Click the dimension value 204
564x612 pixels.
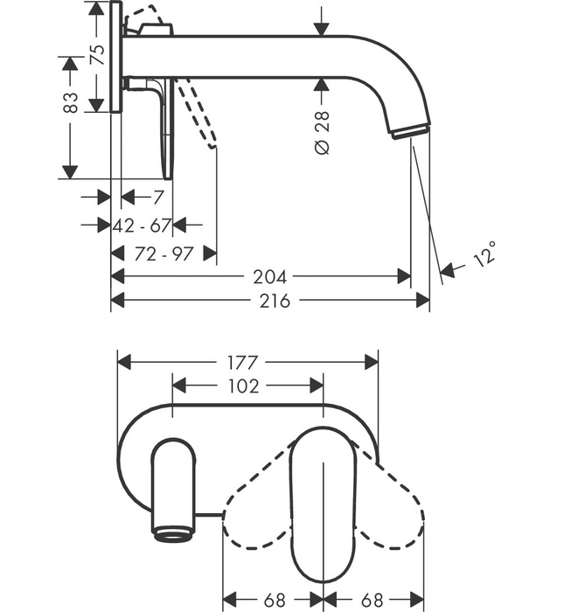click(269, 277)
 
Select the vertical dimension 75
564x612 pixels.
click(98, 55)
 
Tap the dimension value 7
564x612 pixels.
click(157, 197)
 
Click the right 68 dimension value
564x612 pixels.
click(373, 601)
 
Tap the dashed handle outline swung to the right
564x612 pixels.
click(393, 498)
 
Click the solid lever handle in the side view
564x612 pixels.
click(166, 131)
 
